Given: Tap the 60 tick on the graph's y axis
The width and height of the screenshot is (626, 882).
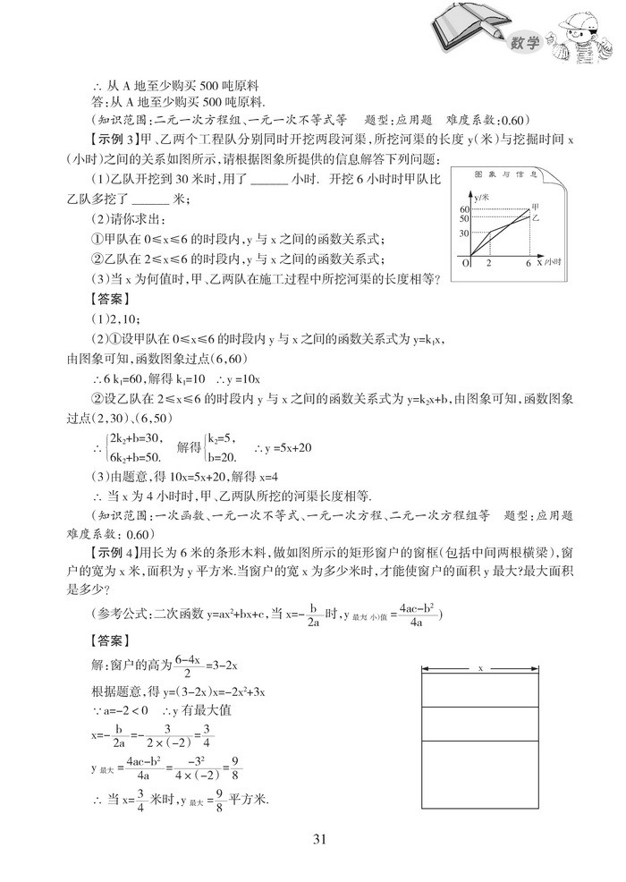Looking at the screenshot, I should [x=464, y=208].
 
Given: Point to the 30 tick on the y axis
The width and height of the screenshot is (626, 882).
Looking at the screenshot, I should [x=464, y=233].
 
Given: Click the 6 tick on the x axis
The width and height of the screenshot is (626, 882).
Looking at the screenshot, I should [x=529, y=264].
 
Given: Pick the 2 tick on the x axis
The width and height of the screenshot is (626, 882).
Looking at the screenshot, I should [x=488, y=264].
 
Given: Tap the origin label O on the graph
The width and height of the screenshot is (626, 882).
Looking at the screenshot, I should [x=466, y=264].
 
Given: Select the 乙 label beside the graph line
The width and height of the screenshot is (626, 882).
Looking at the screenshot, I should [x=537, y=217].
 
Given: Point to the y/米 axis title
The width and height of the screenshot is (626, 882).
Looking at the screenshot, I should [x=483, y=194].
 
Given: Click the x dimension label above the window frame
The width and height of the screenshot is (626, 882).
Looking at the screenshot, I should [x=481, y=668].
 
